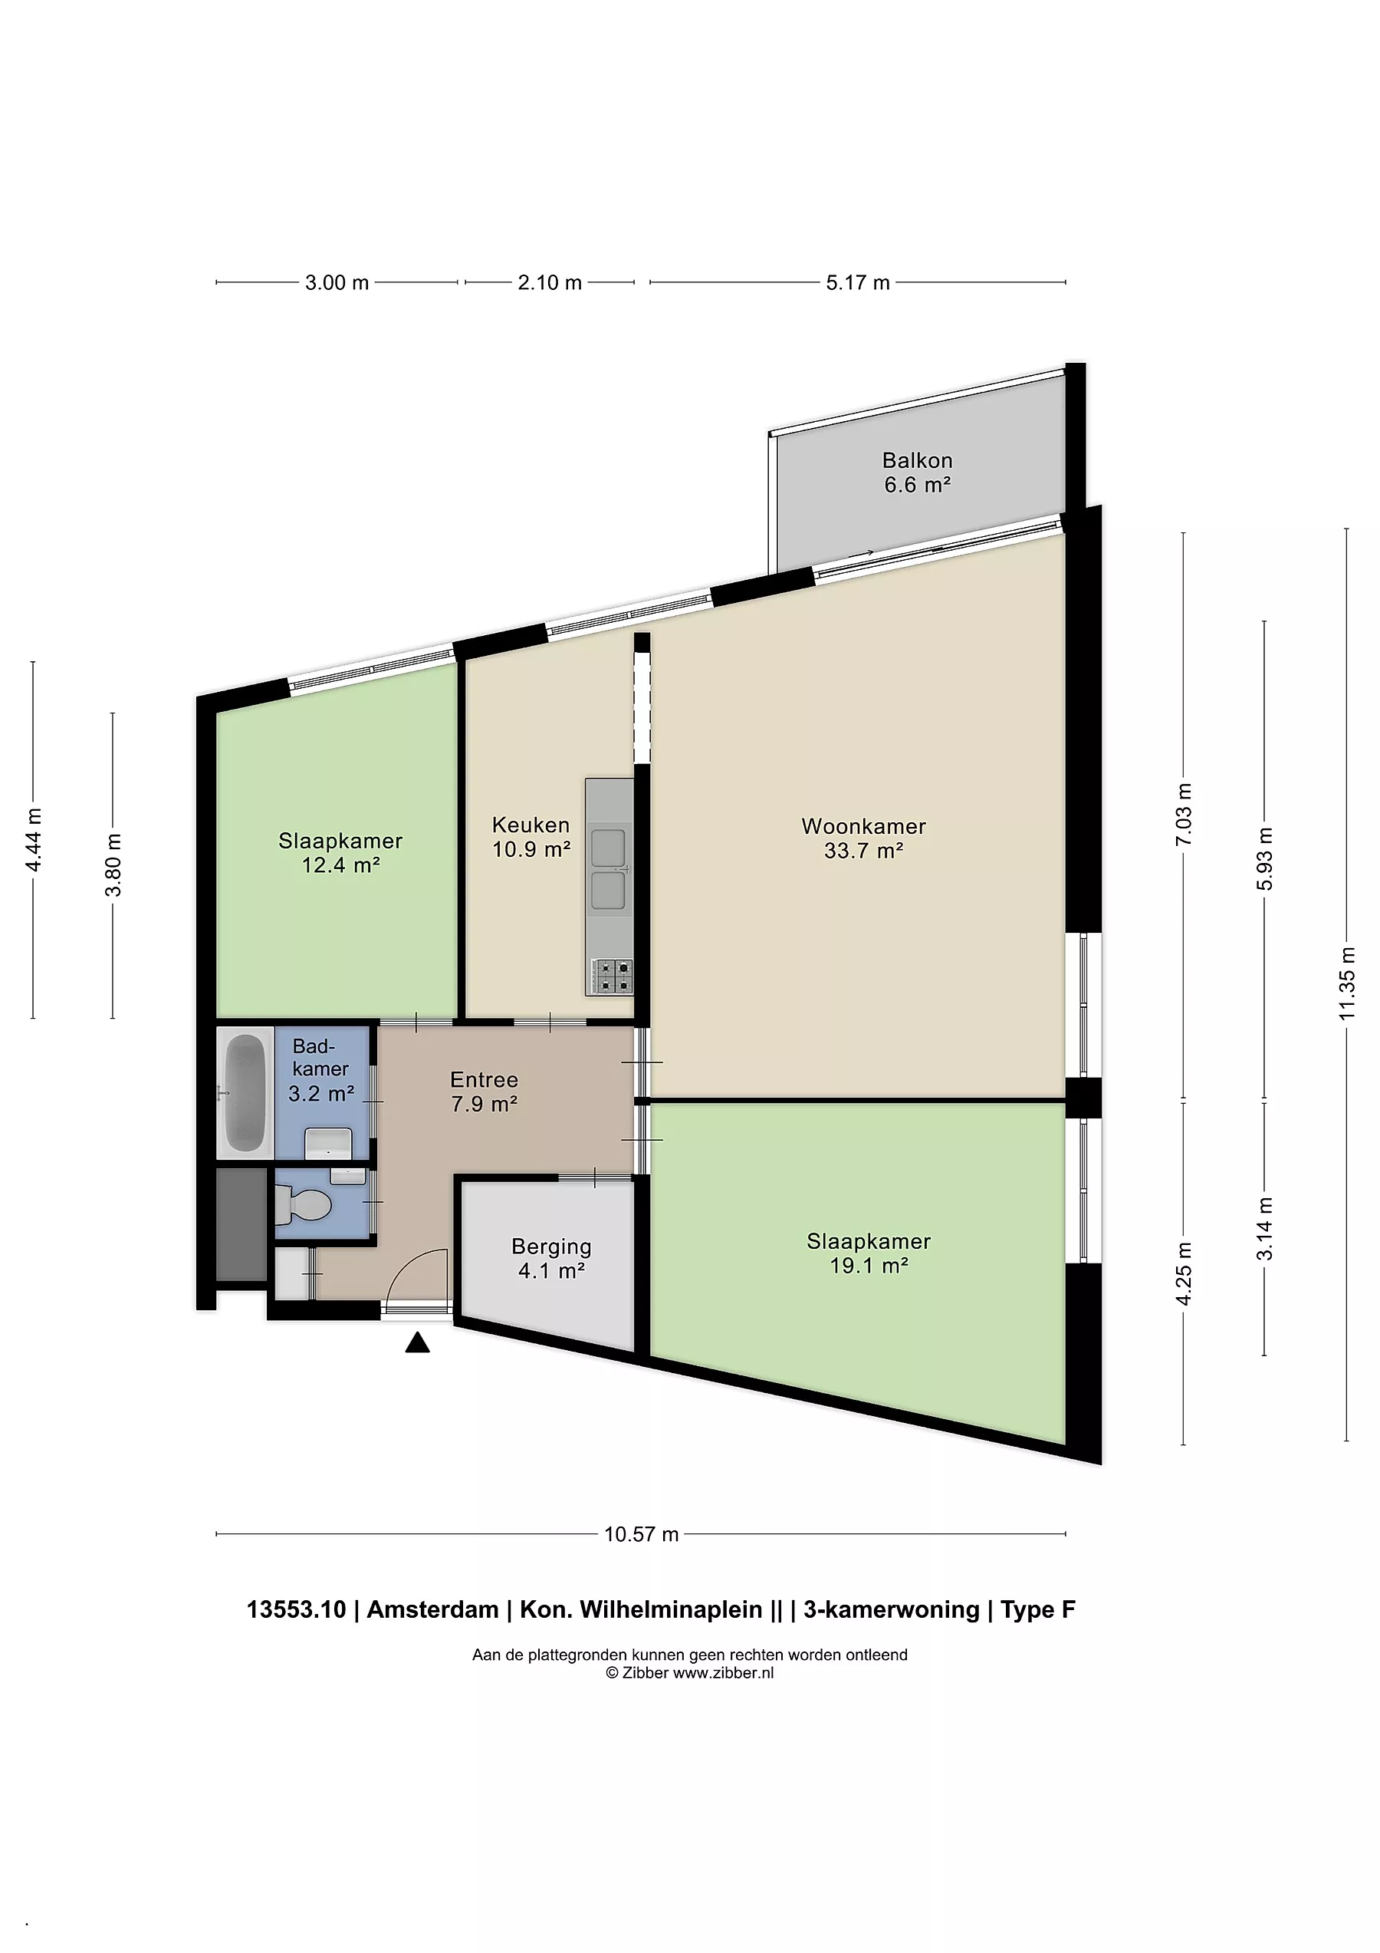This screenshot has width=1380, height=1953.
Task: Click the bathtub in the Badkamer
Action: point(245,1092)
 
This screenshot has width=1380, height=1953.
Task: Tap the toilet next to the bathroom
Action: point(304,1204)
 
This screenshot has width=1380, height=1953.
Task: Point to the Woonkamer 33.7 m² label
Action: point(863,838)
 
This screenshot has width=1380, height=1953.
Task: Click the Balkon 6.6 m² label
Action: point(917,472)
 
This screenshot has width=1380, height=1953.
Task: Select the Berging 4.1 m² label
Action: point(551,1258)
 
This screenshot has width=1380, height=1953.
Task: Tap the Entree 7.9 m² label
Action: point(484,1092)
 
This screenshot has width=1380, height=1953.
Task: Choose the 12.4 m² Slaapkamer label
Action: point(340,852)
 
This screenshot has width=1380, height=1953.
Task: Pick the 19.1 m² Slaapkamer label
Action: point(868,1253)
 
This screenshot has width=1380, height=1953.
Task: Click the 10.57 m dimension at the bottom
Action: point(641,1533)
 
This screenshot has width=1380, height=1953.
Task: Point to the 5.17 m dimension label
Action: point(857,282)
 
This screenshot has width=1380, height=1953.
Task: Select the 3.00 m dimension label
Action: point(337,282)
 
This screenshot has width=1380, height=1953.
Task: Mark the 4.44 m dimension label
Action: point(33,839)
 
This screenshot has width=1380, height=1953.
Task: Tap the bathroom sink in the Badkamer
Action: point(328,1142)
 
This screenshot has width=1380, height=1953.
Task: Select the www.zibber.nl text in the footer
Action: point(723,1673)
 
